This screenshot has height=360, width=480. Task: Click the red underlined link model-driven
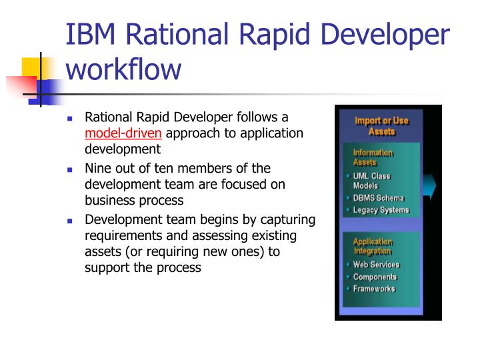coord(123,133)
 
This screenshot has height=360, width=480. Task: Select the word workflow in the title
coord(123,68)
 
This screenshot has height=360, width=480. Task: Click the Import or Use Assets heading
coord(381,126)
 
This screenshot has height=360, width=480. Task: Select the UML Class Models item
coord(371,181)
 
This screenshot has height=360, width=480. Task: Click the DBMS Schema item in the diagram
coord(378,198)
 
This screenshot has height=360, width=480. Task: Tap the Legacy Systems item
coord(381,210)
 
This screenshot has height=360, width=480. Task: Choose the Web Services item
coord(376,265)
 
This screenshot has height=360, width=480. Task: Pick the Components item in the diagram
coord(375,277)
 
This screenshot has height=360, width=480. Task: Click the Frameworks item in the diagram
coord(374,289)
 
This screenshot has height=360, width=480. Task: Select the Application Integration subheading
coord(373,246)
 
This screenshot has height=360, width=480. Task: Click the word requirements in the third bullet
coord(118,236)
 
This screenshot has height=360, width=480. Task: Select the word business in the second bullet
coord(106,200)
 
